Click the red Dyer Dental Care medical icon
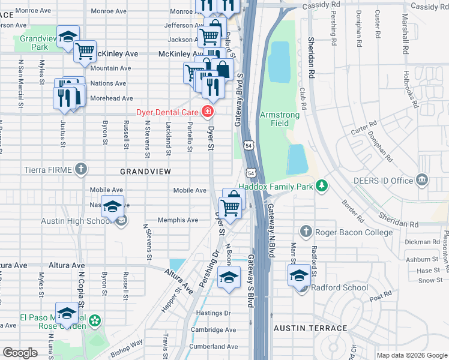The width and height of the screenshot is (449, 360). click(208, 111)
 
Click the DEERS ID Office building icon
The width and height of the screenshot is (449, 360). click(422, 180)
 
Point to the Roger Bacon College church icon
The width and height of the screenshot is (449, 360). click(306, 232)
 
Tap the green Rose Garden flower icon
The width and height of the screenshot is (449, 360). click(94, 322)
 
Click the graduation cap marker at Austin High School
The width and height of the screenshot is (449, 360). click(112, 207)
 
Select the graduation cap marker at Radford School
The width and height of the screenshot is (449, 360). click(299, 275)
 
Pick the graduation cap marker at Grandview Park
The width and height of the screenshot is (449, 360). click(68, 36)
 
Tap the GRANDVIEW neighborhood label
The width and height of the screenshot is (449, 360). click(146, 172)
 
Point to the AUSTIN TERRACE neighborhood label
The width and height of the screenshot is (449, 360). click(310, 328)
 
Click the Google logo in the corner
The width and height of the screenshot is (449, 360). click(20, 352)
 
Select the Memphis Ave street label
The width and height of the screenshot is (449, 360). click(178, 220)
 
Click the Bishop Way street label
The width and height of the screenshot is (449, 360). click(127, 346)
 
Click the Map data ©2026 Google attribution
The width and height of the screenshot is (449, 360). click(411, 355)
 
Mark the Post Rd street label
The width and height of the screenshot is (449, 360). click(380, 298)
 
